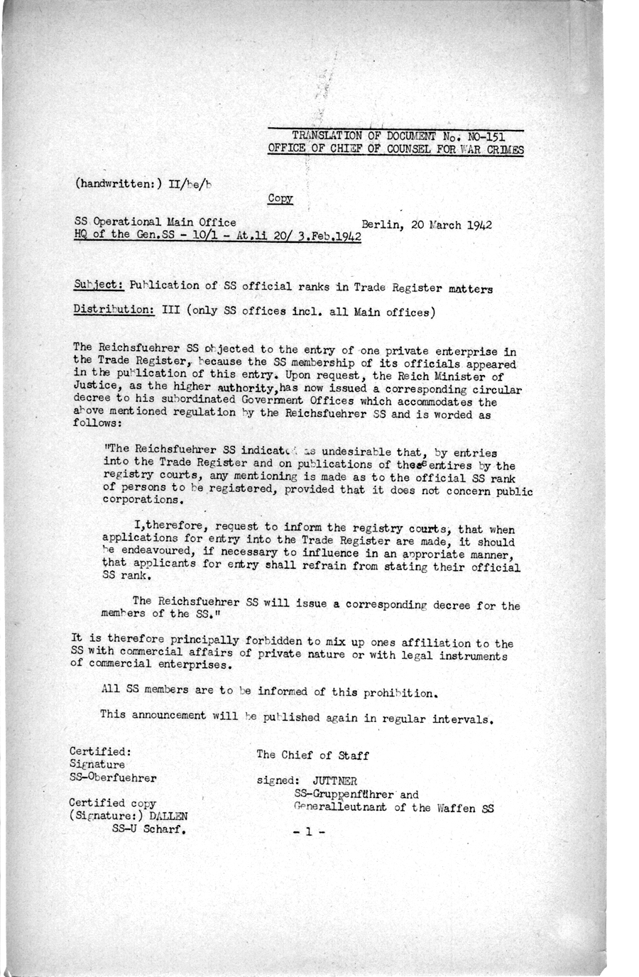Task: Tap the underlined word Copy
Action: tap(280, 199)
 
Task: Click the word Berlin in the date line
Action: tap(381, 224)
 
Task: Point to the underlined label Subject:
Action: tap(99, 286)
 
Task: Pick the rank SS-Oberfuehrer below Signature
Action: tap(113, 778)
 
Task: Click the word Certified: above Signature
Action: tap(100, 751)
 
